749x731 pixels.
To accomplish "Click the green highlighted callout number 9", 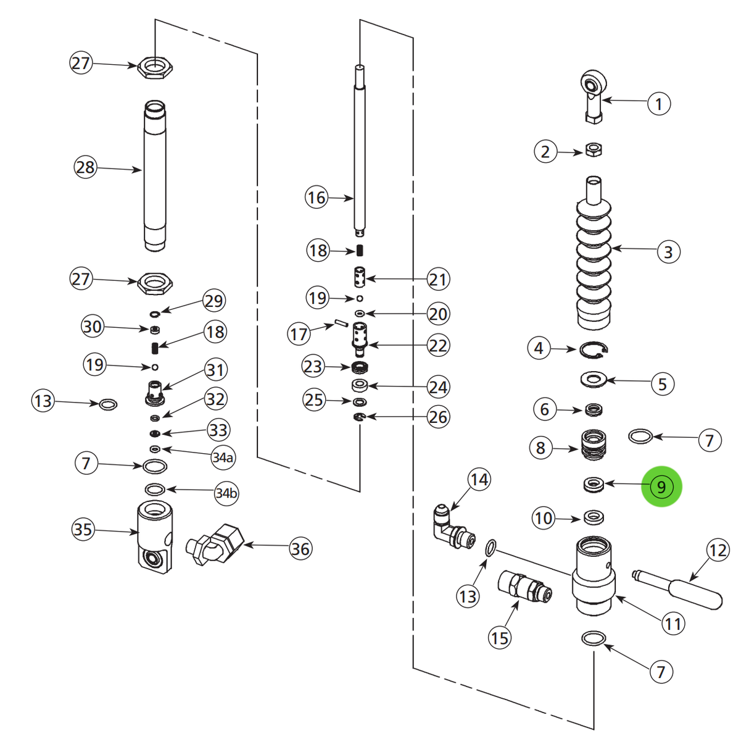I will coord(661,487).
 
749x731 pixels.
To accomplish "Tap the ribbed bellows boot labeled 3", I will coord(594,259).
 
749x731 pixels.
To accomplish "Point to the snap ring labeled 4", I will coord(594,351).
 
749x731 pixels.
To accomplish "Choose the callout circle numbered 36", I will coord(300,548).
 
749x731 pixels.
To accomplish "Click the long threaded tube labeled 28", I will coord(155,176).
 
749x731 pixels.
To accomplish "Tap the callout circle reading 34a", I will coord(223,457).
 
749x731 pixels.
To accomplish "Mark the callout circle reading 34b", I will coord(226,493).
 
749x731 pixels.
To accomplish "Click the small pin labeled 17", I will coord(340,323).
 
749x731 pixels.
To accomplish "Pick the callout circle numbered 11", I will coord(672,624).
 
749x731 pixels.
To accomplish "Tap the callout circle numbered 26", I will coord(437,417).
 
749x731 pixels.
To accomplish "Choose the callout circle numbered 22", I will coord(437,345).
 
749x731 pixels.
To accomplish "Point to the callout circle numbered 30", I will coord(92,326).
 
